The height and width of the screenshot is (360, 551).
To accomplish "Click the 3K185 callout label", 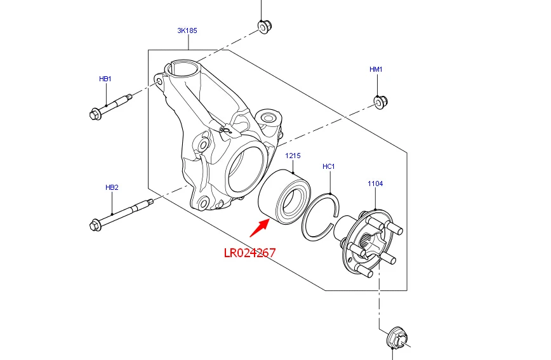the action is pos(187,30).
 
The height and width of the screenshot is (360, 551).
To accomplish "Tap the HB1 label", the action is pos(105,79).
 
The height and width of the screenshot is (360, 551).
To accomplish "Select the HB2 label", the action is pos(112,187).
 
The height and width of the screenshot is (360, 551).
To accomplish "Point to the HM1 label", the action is pos(376,69).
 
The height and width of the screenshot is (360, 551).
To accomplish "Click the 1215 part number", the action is pos(293,156).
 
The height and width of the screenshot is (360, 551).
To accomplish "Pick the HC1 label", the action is pos(329,166).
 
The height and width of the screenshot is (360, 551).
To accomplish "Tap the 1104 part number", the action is pos(375,183).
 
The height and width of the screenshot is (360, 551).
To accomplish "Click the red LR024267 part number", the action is pos(250,253).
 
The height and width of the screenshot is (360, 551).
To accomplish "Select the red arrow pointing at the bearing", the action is pos(260,227).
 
